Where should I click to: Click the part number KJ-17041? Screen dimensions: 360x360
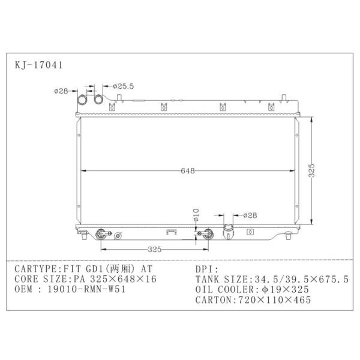tap(38, 65)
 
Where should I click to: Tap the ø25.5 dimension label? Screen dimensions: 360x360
tap(123, 86)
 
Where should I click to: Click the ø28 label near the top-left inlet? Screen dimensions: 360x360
tap(61, 91)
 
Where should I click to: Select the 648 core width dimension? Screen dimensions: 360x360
tap(188, 170)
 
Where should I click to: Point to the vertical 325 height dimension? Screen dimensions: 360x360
tap(311, 170)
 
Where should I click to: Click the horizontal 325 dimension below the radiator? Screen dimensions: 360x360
tap(155, 250)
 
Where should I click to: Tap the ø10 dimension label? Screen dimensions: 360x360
tap(196, 215)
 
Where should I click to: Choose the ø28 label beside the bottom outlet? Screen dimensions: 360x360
tap(250, 215)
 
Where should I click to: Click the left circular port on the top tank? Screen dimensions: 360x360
tap(82, 100)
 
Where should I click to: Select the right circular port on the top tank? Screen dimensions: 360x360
tap(99, 99)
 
